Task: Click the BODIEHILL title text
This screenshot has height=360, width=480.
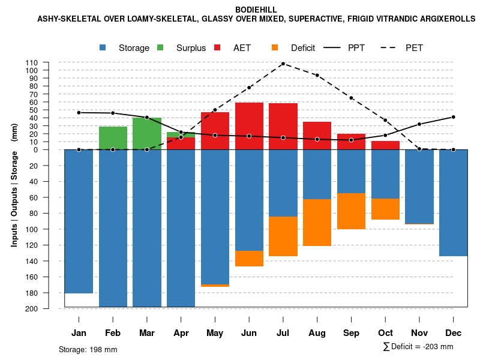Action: point(256,10)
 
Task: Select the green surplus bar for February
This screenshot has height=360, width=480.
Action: point(113,138)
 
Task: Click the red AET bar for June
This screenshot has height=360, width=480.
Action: point(249,126)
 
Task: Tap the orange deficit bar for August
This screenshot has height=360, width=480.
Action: point(317,222)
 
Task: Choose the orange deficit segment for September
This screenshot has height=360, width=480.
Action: point(351,211)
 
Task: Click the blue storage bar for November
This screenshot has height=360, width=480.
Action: point(419,187)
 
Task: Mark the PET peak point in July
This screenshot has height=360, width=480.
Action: point(283,64)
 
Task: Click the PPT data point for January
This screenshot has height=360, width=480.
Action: point(79,113)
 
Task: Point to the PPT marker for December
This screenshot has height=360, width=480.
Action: point(453,117)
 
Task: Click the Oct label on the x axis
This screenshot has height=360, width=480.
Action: point(385,333)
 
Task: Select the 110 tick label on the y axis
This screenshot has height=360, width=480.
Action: point(49,62)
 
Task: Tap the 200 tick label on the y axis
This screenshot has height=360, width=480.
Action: point(49,308)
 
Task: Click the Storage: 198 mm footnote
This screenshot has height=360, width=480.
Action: point(88,349)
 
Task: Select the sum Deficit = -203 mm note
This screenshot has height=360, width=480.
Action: point(418,347)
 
